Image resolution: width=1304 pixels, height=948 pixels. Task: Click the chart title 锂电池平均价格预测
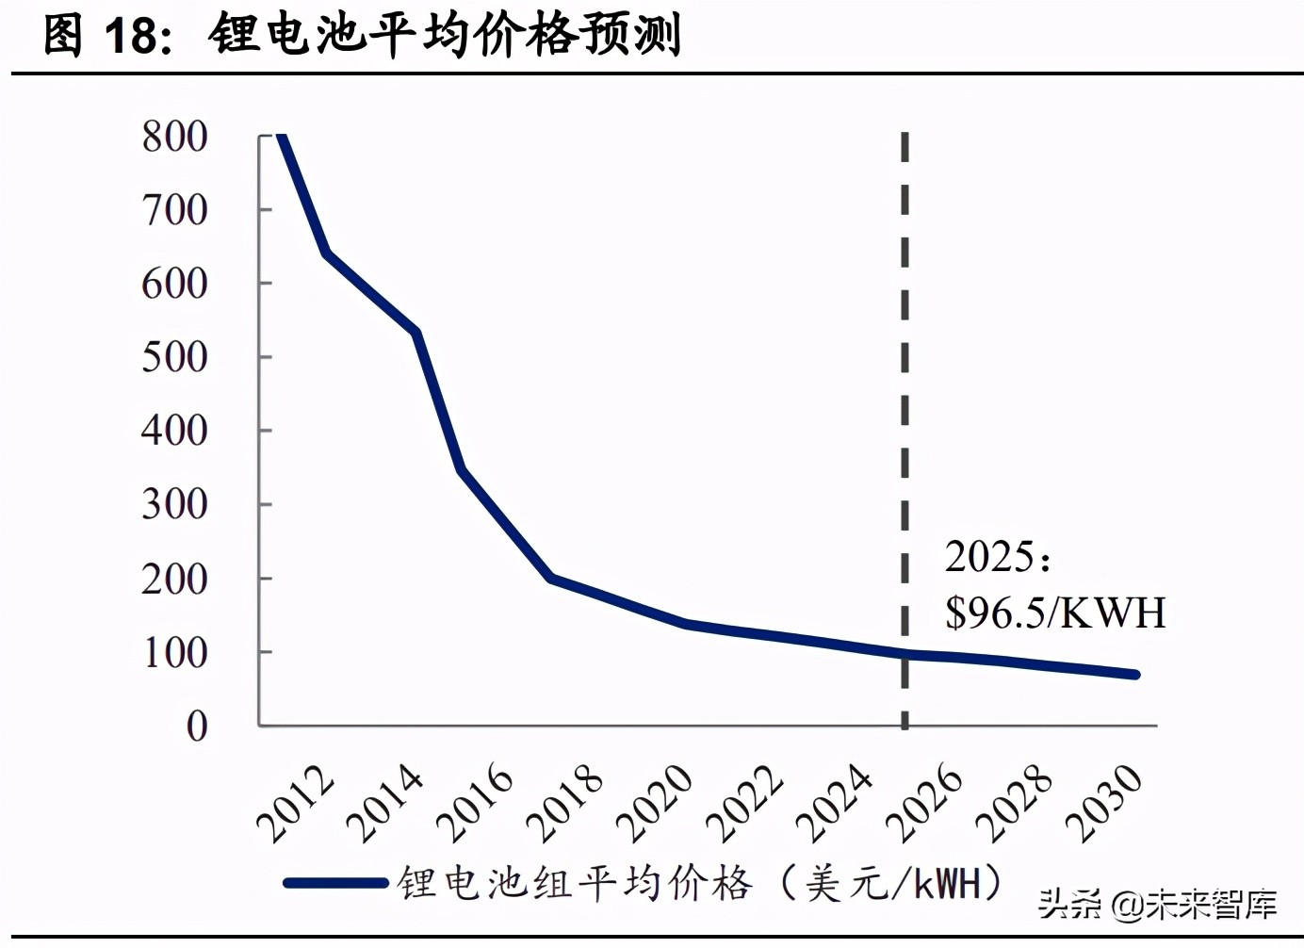445,36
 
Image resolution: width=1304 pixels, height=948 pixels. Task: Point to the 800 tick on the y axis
174,137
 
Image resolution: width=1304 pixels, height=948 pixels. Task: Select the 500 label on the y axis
174,357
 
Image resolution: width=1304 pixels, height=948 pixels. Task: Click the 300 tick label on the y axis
174,504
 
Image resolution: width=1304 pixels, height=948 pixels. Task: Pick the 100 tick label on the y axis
174,652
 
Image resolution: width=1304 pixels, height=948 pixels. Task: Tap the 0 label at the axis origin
196,726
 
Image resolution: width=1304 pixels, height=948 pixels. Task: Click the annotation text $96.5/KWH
1055,613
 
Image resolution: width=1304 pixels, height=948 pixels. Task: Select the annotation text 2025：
998,557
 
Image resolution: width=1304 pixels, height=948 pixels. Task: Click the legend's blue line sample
335,883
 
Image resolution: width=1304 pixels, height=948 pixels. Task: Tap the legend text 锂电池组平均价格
575,883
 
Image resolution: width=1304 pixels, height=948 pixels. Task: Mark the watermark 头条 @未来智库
1157,905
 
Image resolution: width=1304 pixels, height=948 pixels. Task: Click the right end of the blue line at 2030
1135,675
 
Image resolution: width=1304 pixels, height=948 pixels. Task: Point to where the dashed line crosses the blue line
905,653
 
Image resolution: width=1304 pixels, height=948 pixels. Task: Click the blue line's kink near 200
551,578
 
